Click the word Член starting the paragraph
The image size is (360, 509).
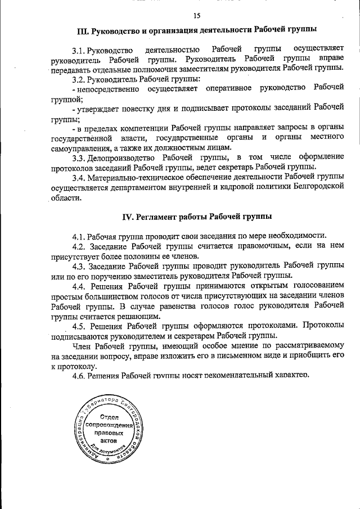pyautogui.click(x=83, y=346)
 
